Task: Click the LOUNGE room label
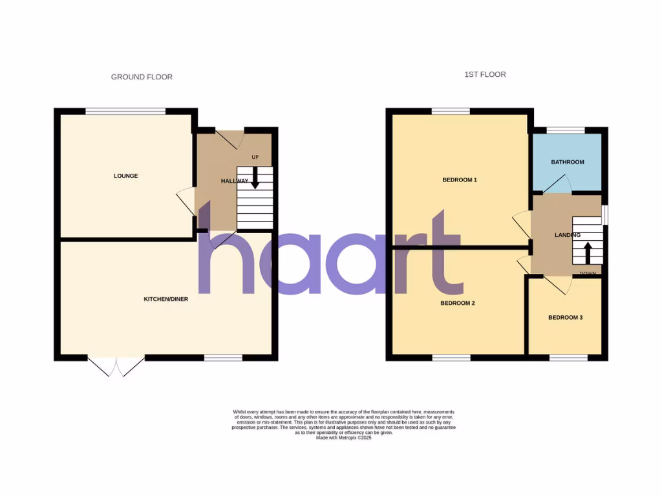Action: click(125, 176)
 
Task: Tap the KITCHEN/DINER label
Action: click(165, 299)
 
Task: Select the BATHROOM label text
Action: click(567, 162)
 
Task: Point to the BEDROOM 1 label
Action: click(459, 180)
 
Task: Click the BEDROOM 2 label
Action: click(458, 302)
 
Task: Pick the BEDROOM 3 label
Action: click(565, 317)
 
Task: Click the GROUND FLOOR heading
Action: click(142, 77)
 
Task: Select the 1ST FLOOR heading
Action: click(485, 74)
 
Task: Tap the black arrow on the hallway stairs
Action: click(255, 178)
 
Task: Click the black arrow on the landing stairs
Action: click(588, 253)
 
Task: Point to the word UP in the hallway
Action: click(255, 157)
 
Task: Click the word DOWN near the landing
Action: click(588, 274)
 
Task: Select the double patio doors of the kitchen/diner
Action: click(116, 366)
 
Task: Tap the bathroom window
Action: click(566, 130)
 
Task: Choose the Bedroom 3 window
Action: click(568, 357)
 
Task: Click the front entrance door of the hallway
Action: click(229, 138)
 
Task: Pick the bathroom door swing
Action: click(557, 184)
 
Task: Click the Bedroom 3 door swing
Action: click(557, 285)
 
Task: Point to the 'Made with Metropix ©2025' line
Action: click(343, 438)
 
